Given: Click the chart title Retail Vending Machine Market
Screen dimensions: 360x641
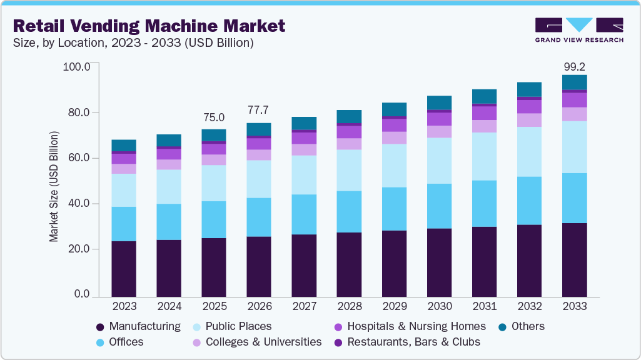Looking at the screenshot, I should (x=149, y=26).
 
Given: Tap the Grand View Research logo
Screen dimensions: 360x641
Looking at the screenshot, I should (x=579, y=29).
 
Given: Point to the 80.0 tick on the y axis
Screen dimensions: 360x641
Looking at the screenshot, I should (x=78, y=112).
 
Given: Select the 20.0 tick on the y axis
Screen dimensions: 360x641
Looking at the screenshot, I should (x=78, y=249).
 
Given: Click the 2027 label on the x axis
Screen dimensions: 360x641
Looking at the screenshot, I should (x=304, y=307).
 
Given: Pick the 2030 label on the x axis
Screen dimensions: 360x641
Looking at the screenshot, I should (x=439, y=307).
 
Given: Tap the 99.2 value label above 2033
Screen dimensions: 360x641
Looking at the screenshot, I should (x=573, y=66).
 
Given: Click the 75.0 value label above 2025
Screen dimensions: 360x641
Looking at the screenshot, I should (x=214, y=117).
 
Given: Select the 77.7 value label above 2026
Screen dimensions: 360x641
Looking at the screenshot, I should (x=259, y=110).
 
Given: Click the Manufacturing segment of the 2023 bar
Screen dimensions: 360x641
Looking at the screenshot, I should (x=124, y=268).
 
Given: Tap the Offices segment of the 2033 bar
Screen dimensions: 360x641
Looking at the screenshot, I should (x=574, y=197).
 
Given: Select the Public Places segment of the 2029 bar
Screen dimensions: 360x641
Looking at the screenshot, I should (x=394, y=166).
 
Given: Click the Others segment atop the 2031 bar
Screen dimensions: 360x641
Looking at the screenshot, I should (x=484, y=96).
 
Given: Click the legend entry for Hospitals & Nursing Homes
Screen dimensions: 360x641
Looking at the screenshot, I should (x=416, y=326).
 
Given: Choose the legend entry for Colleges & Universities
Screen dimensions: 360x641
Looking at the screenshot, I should (x=263, y=342).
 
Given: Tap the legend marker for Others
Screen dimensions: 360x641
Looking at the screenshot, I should (x=503, y=327).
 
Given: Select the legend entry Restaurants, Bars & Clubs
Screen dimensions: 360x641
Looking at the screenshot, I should (x=413, y=342).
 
